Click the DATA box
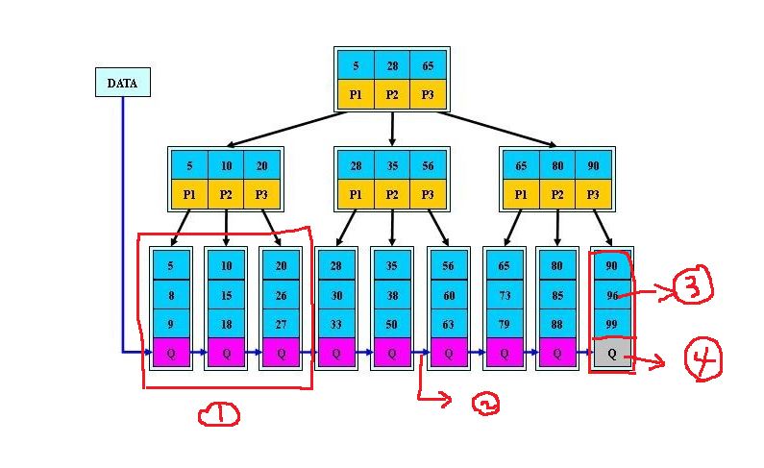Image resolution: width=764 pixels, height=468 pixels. pyautogui.click(x=122, y=83)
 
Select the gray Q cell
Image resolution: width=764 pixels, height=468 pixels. pyautogui.click(x=611, y=353)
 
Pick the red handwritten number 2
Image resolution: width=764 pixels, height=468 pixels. pyautogui.click(x=486, y=404)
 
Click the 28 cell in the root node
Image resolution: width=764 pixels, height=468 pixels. pyautogui.click(x=392, y=65)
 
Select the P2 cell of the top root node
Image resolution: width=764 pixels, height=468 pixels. pyautogui.click(x=392, y=94)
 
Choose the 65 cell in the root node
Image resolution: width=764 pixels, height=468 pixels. pyautogui.click(x=428, y=65)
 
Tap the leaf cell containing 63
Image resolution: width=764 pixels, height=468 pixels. pyautogui.click(x=448, y=325)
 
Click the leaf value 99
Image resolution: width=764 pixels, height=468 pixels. pyautogui.click(x=611, y=325)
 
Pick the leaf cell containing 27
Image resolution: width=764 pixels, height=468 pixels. pyautogui.click(x=282, y=325)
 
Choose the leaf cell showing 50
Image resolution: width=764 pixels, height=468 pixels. pyautogui.click(x=392, y=325)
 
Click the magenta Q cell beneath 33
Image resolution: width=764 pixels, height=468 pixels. pyautogui.click(x=336, y=353)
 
